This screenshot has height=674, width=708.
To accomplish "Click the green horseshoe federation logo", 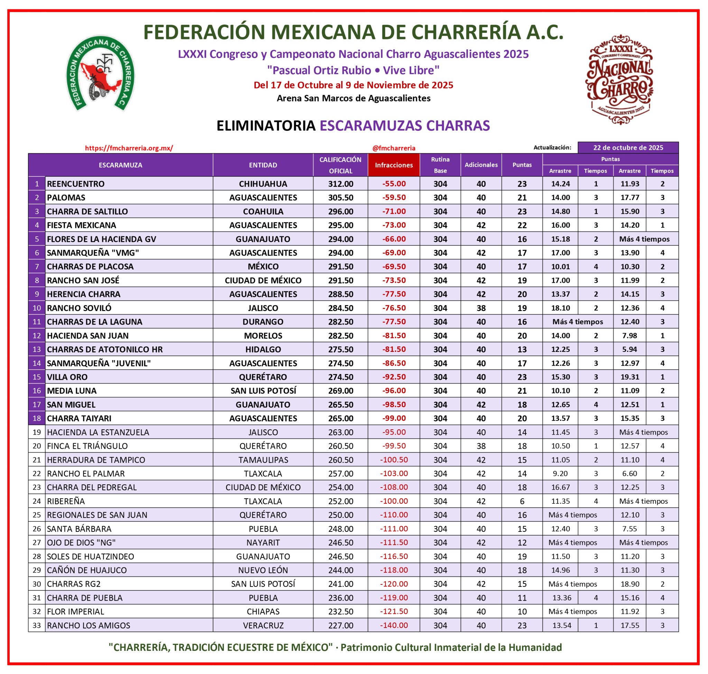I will point(100,74).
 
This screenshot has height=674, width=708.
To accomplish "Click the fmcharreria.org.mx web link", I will point(129,148).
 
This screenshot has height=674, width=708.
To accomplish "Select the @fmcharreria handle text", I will point(394,148).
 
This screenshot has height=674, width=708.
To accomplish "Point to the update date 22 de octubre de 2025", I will point(628,148).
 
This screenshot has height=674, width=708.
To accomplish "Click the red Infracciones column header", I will point(393,165).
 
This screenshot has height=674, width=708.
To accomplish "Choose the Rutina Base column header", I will point(440,165).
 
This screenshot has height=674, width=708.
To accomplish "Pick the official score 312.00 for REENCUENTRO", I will point(341,184).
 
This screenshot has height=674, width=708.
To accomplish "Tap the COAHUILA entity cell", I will point(263,211).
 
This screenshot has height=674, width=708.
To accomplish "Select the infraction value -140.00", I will point(394,625).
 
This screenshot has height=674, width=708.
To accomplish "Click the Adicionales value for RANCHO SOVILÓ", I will point(481,308).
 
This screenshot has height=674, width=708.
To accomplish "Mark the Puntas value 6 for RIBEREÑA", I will point(522,501).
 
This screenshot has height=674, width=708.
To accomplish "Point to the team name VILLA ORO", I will point(67,377).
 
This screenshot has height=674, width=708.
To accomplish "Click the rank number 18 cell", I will point(37,418).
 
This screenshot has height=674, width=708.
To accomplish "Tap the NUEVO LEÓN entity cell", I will point(263,570).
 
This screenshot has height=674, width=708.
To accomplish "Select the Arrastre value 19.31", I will point(630,377).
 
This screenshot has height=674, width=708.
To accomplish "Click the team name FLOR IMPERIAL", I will point(75,611).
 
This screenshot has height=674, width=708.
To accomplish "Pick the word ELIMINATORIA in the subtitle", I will point(266,126).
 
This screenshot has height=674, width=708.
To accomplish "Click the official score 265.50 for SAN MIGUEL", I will point(341,404).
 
